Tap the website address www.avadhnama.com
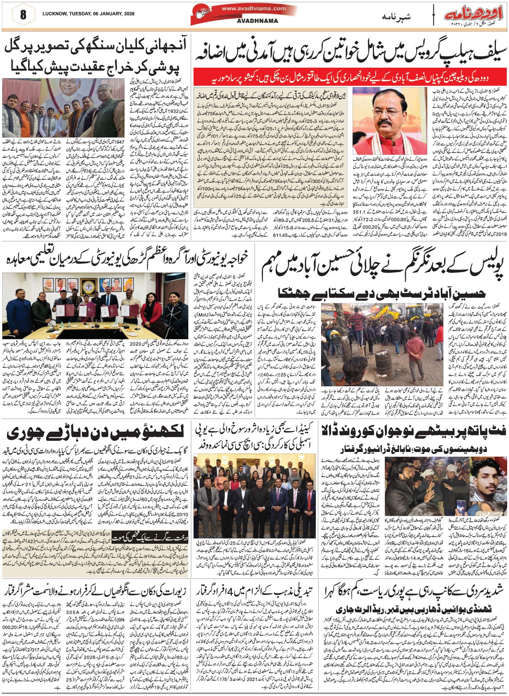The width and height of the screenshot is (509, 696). [x=254, y=8]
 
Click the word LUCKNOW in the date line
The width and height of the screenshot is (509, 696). [x=55, y=14]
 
